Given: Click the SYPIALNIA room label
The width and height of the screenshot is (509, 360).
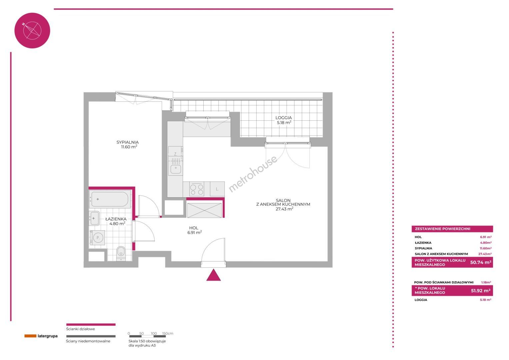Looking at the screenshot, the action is coord(127,142).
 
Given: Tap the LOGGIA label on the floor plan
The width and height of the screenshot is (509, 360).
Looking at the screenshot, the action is coord(283,118).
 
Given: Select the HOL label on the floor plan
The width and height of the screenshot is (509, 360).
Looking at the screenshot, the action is coord(194,228).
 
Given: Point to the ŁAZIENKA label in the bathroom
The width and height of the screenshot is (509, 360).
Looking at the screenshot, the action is coord(116,219).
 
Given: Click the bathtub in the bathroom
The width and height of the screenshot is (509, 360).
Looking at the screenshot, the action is coord(110,199).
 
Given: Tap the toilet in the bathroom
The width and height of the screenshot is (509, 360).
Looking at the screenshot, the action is coord(121,254).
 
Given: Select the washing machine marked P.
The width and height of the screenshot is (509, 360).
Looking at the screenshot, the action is coord(98,238).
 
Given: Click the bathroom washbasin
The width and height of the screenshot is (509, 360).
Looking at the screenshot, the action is coord(94,218).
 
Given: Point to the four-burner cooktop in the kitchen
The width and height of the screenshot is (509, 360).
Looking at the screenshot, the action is coord(197,189).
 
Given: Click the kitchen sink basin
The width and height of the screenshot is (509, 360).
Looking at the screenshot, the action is coord(175,169).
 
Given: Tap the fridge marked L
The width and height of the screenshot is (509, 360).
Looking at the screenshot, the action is coord(217,189).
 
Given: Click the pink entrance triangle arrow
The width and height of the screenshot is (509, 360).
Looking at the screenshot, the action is coord(213,275).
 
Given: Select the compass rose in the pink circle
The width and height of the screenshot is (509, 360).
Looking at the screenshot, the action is coord(32,31).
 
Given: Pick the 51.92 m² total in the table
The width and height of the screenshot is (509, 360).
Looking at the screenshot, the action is coord(481,291).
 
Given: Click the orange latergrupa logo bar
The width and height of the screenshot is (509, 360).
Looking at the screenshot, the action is coord(30,336).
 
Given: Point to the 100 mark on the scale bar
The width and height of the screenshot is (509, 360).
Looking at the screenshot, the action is coord(154,333).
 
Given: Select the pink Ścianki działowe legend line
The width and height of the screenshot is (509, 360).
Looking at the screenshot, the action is coord(91,325).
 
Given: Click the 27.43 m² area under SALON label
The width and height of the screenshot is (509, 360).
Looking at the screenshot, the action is coord(284,209).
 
